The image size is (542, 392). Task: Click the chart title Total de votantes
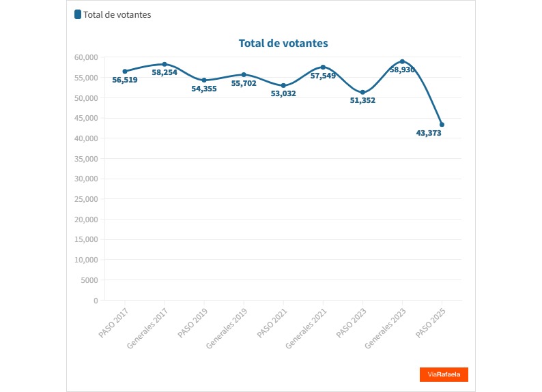[x=283, y=43]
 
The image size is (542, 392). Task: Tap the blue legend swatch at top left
[x=78, y=14]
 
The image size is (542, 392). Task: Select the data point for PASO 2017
[x=125, y=71]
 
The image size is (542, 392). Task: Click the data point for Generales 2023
[x=402, y=61]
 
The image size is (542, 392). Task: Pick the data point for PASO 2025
[x=442, y=125]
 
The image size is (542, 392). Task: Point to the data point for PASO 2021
[x=283, y=85]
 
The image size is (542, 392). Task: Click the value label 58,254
[x=165, y=72]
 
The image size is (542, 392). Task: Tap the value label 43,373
[x=429, y=133]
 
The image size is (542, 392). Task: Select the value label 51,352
[x=362, y=100]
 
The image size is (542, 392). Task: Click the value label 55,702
[x=244, y=83]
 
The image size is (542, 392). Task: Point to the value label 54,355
[x=204, y=89]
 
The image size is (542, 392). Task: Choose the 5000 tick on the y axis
[x=89, y=280]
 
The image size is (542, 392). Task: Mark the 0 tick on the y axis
[x=96, y=301]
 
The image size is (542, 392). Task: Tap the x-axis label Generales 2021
[x=306, y=328]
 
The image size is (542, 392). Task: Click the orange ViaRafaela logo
[x=444, y=374]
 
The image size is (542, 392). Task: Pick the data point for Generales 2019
[x=244, y=74]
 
